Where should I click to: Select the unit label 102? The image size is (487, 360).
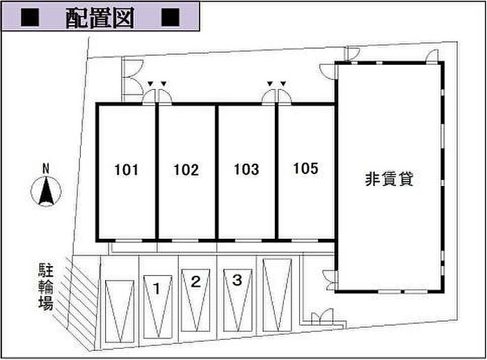click(x=186, y=169)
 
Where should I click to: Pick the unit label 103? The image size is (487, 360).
click(x=246, y=169)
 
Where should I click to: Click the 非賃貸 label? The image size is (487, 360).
click(x=390, y=179)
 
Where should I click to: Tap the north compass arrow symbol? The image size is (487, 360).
click(x=47, y=191)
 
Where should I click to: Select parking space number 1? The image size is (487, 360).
click(x=158, y=288)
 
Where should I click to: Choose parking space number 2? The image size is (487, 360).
click(x=196, y=282)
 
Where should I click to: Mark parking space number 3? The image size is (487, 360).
click(x=237, y=280)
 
